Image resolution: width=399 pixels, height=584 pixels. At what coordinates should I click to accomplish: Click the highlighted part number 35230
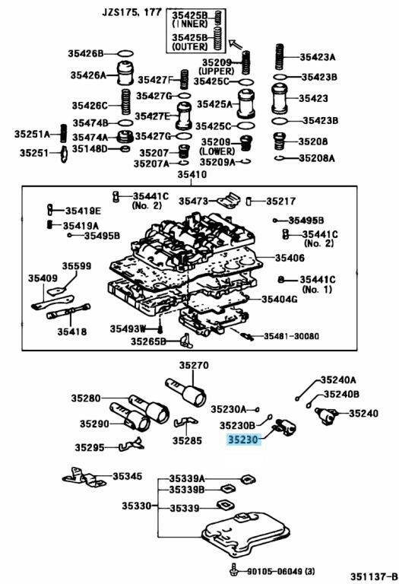pos(243,440)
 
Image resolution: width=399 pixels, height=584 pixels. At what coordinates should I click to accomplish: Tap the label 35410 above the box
pos(192,174)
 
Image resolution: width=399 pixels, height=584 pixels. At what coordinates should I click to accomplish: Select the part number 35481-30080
pos(291,336)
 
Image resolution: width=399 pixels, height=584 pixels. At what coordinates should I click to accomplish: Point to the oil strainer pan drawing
pos(245,532)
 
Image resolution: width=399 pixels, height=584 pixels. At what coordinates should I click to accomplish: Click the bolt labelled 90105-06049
pos(233,570)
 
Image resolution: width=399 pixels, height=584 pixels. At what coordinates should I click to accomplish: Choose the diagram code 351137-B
pos(373,576)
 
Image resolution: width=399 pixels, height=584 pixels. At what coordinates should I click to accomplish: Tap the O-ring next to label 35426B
pos(125,54)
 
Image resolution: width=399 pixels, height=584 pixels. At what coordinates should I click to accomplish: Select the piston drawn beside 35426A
pos(125,73)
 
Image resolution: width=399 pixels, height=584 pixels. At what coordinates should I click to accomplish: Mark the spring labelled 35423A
pos(280,56)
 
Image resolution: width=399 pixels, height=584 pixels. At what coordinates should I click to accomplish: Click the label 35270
pos(194,365)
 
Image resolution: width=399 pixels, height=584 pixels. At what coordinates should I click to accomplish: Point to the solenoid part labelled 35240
pos(326,416)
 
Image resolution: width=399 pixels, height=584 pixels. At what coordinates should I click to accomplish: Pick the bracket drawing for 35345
pos(84,478)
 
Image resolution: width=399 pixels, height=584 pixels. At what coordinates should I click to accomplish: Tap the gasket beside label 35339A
pos(249,478)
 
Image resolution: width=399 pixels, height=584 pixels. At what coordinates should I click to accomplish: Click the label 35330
pos(137,506)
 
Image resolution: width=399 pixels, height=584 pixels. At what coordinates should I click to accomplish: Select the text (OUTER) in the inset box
pos(190,46)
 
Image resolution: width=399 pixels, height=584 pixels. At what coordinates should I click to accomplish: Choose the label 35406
pos(290,258)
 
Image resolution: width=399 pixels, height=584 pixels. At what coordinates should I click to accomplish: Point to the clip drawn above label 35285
pos(185,422)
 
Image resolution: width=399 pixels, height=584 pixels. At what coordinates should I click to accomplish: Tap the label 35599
pos(76,266)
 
